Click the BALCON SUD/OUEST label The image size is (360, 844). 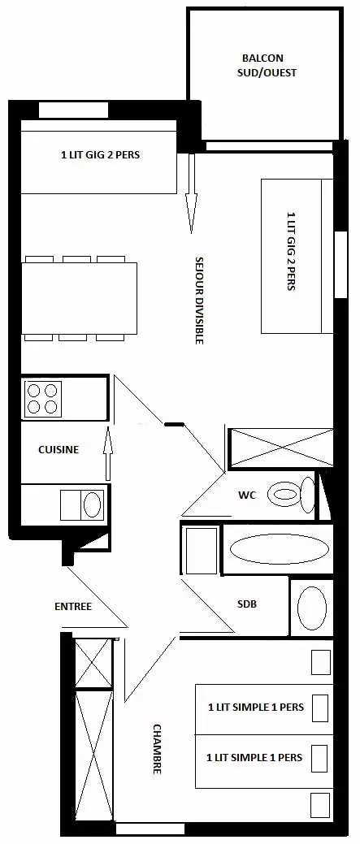[x=267, y=65]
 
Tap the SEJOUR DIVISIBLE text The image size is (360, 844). [x=198, y=301]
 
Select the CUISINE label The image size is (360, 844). [x=59, y=449]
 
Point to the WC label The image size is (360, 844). [x=246, y=495]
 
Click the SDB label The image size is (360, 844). [x=247, y=604]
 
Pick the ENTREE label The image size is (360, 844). [x=73, y=607]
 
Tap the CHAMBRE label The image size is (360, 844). [x=157, y=749]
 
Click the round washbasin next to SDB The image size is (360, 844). [x=312, y=608]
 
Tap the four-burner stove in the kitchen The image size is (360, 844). [x=42, y=399]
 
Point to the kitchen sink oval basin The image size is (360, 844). [x=93, y=504]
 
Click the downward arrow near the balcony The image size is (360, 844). [x=190, y=193]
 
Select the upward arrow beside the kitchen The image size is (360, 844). [x=107, y=453]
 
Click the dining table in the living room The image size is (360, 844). [x=80, y=298]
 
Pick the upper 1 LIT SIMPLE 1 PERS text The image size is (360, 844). [x=256, y=706]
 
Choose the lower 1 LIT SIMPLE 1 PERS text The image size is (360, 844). [x=254, y=757]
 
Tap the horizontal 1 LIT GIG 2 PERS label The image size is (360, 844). [x=100, y=155]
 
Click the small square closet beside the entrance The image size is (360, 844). [x=93, y=662]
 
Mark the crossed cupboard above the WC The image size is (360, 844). [x=281, y=448]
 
